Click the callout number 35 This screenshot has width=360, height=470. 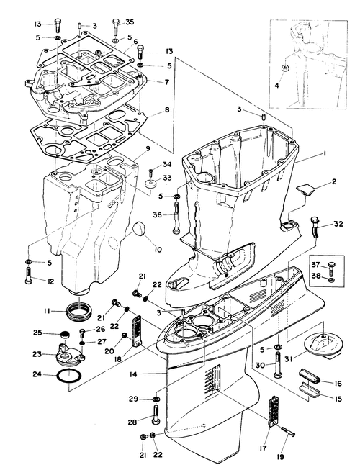tap(130, 22)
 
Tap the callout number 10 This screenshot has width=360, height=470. tap(158, 249)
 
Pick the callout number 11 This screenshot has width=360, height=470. tap(46, 311)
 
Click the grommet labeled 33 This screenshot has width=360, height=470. tap(151, 183)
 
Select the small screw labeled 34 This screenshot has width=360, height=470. tap(151, 172)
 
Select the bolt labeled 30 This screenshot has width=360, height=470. tap(278, 365)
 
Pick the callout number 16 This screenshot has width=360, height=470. tap(338, 384)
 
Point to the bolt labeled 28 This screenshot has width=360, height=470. tap(156, 415)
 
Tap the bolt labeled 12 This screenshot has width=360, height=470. tap(28, 276)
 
